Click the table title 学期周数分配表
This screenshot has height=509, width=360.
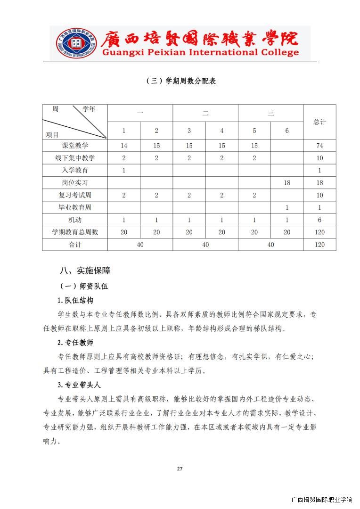[181, 81]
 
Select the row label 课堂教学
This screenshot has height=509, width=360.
[75, 146]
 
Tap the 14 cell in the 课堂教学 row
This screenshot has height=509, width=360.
[124, 146]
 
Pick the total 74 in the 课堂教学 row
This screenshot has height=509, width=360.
[319, 146]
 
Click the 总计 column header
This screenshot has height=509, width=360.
[319, 122]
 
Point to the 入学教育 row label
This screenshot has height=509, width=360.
[75, 170]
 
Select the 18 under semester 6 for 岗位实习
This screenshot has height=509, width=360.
[287, 183]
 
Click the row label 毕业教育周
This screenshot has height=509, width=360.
[75, 207]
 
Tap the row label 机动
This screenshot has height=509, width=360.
[75, 220]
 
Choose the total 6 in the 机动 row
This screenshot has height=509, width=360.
[319, 220]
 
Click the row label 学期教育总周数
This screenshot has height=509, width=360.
[75, 232]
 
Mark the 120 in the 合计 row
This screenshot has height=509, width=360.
[319, 245]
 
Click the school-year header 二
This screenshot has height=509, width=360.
[205, 113]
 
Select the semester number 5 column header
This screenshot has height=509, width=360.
[254, 131]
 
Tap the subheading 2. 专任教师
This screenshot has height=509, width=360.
[75, 343]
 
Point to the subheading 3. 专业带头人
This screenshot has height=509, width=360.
[79, 385]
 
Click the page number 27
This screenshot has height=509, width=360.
[180, 468]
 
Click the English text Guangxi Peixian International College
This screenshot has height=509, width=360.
[200, 52]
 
